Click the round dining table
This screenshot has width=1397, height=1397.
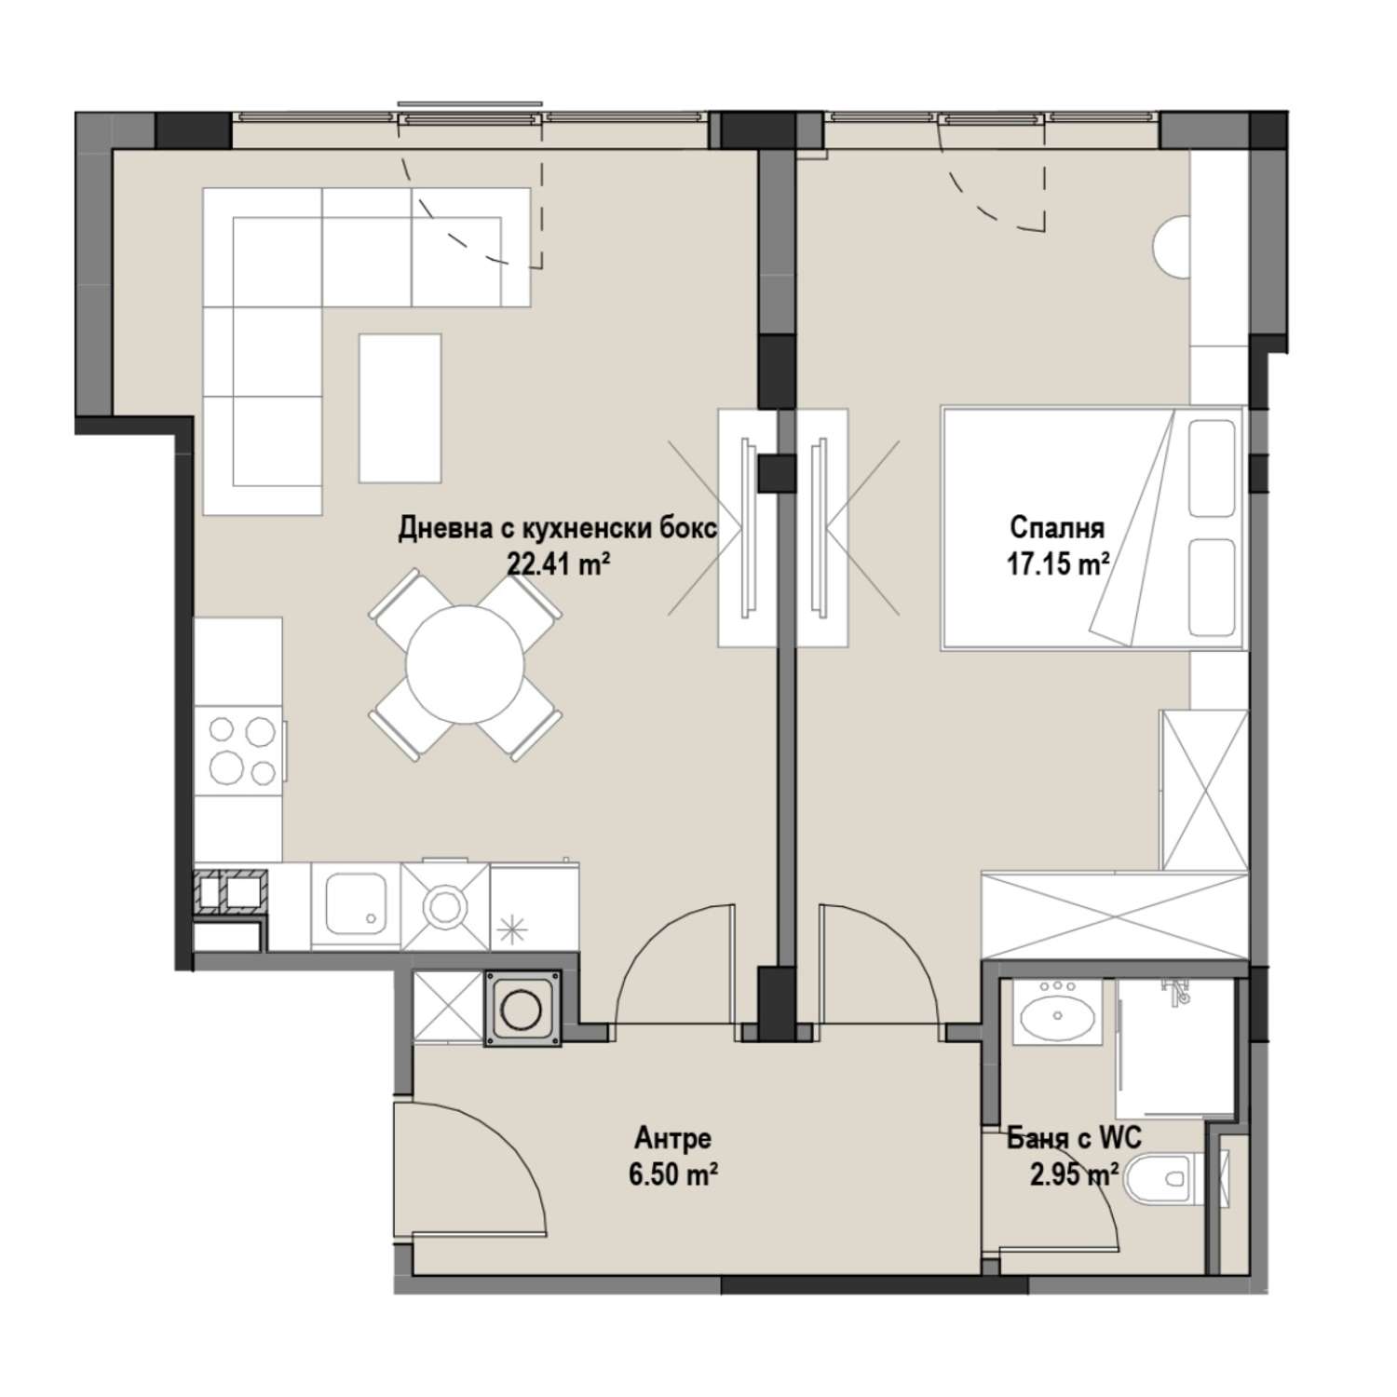coord(464,663)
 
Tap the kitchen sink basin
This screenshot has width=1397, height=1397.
coord(356,906)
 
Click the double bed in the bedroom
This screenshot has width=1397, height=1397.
coord(1092,526)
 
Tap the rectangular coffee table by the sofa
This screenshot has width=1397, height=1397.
coord(400,408)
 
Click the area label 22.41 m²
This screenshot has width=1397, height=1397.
coord(558,563)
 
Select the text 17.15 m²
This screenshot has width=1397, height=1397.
coord(1057,563)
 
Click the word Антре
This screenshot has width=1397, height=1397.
coord(673,1138)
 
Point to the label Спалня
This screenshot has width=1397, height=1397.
coord(1057,528)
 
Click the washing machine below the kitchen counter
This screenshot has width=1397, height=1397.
coord(523,1009)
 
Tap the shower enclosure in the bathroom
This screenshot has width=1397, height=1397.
coord(1175,1047)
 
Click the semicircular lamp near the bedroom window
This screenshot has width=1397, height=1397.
coord(1171,246)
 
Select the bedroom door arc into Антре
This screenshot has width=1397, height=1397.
coord(879,936)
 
